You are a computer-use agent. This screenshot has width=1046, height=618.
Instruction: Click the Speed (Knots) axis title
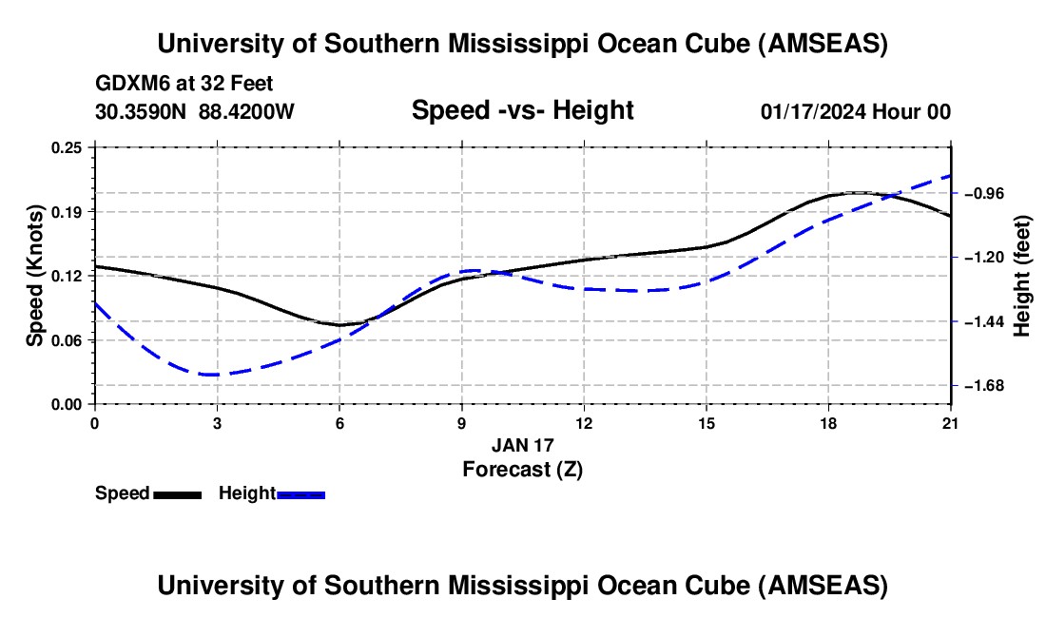pos(34,276)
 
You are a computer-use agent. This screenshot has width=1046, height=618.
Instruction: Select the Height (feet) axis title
pos(1022,276)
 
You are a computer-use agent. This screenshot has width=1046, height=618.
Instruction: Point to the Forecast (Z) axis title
pos(522,469)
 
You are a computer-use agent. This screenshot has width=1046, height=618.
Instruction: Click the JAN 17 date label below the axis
pos(522,445)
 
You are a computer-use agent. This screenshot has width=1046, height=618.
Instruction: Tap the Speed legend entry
pos(123,493)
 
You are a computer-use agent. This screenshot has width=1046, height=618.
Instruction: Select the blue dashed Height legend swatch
pos(301,494)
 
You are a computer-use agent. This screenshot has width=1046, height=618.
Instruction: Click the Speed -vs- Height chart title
pos(522,111)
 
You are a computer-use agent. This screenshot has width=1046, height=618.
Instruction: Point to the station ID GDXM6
pos(128,85)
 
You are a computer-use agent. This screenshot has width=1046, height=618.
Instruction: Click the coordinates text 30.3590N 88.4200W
pos(195,111)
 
